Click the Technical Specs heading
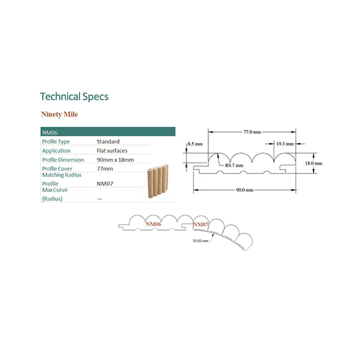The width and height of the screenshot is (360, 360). tap(74, 97)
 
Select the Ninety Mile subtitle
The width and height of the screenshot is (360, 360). tap(59, 114)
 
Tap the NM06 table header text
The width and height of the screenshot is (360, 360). tap(50, 133)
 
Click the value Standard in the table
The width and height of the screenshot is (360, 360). tap(108, 141)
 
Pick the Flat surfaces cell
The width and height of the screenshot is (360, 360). tap(112, 150)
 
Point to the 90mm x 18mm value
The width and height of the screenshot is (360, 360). tap(115, 160)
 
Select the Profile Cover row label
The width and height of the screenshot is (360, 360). tap(57, 169)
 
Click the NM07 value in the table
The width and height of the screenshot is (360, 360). tap(105, 184)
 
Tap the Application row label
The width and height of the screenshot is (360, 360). tap(56, 151)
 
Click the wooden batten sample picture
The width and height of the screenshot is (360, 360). tap(158, 181)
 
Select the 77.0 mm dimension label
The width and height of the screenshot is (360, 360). tap(252, 132)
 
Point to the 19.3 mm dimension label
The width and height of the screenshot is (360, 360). tap(285, 144)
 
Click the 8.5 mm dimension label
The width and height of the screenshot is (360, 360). tap(195, 144)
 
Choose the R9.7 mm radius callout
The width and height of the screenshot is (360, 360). tap(234, 165)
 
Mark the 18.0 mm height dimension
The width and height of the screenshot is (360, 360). tap(314, 164)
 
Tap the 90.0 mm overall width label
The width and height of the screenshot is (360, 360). tap(245, 190)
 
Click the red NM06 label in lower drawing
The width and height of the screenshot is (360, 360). tap(154, 224)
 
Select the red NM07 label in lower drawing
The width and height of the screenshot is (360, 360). tap(200, 224)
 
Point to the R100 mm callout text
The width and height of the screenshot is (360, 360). tap(200, 241)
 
